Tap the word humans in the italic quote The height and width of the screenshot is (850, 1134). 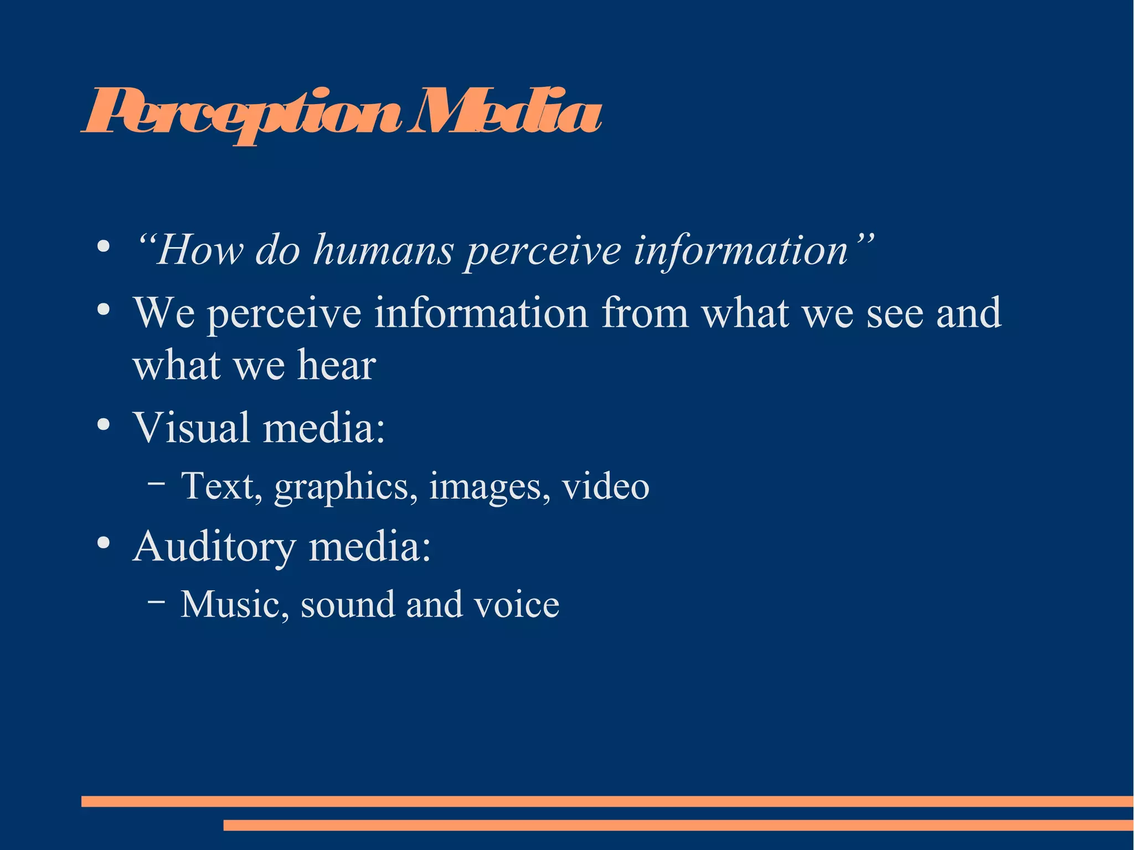coord(383,251)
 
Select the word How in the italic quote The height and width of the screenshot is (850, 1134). coord(200,251)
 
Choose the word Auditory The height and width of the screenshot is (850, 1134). coord(214,547)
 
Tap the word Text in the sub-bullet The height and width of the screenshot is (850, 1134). coord(217,486)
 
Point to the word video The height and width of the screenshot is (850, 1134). coord(605,486)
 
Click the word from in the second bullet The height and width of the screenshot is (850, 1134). coord(645,314)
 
